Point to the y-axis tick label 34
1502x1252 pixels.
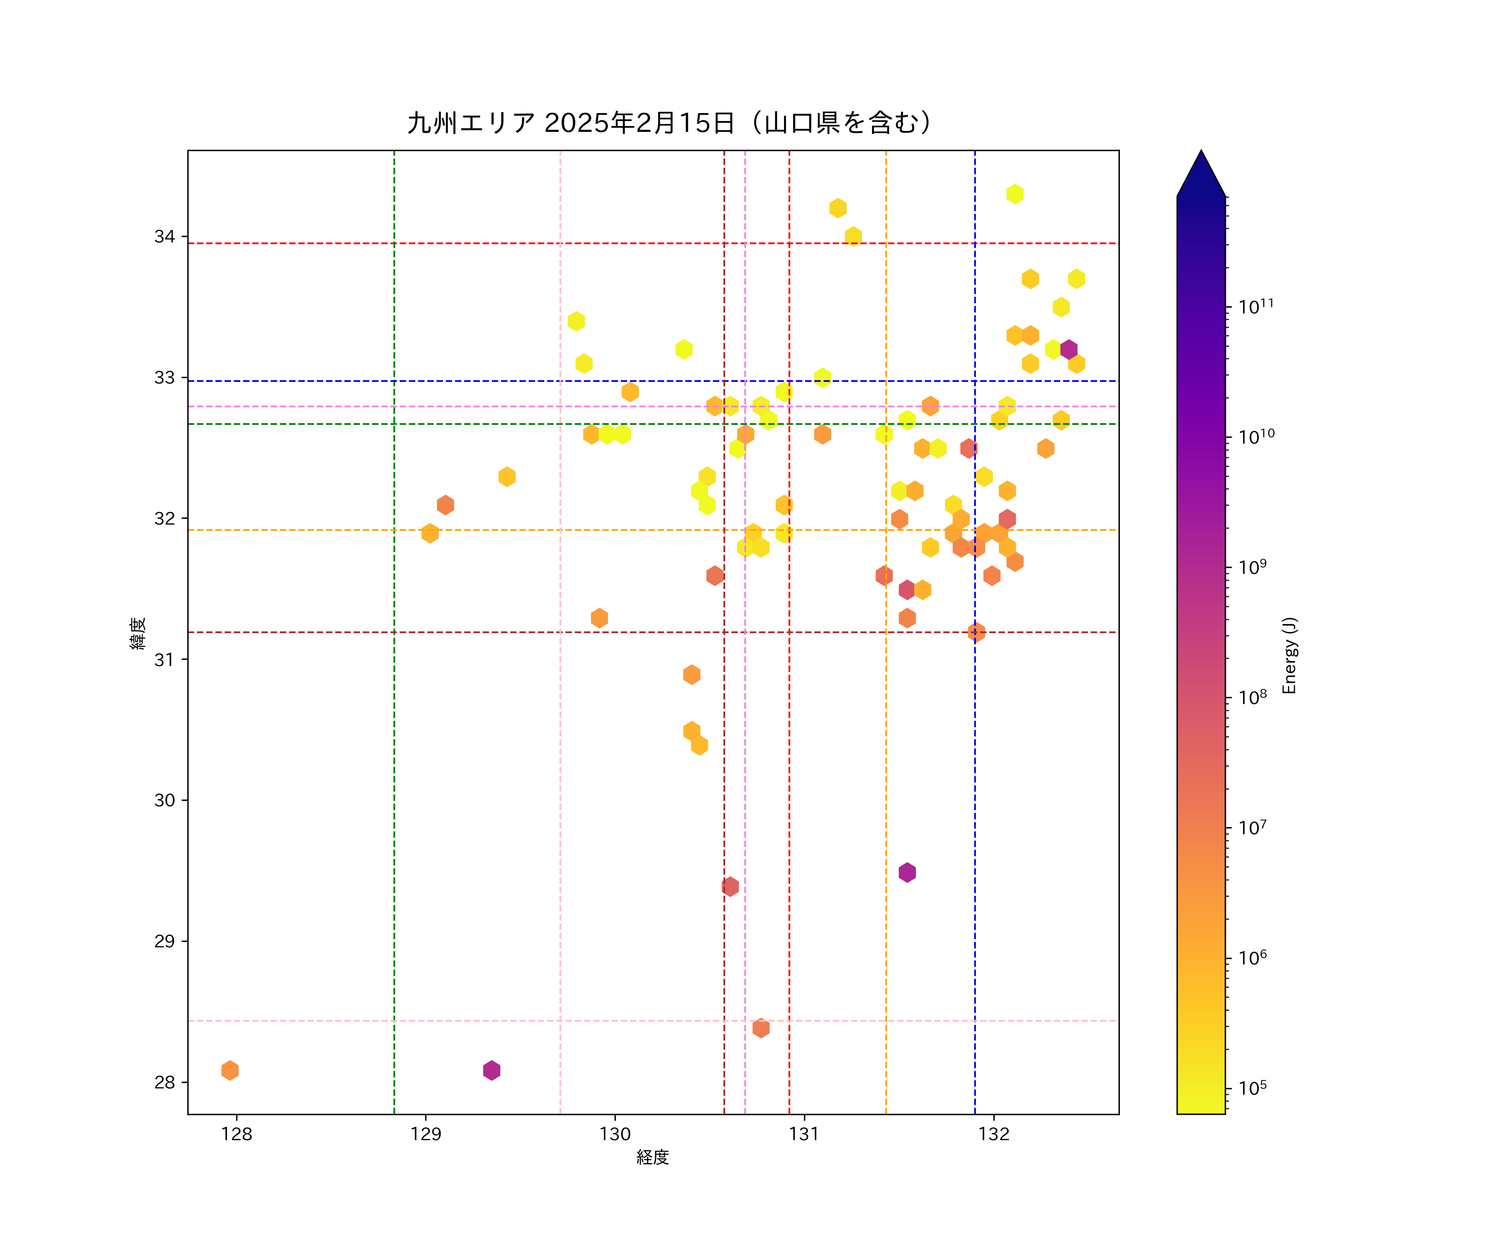164,237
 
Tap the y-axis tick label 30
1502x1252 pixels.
164,800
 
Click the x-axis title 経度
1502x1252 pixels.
652,1157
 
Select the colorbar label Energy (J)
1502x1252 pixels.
1289,655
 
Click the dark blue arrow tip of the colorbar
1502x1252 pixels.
1201,172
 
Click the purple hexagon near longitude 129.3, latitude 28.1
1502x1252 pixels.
491,1070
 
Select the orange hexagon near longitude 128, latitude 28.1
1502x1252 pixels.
229,1070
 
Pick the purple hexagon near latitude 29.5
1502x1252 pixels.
907,872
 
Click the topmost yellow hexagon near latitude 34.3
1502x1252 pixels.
1014,194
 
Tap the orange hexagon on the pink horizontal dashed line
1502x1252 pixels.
761,1028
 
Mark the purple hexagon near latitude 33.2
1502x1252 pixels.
1069,350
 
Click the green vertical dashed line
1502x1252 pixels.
394,715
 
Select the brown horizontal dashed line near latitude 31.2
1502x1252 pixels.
501,632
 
